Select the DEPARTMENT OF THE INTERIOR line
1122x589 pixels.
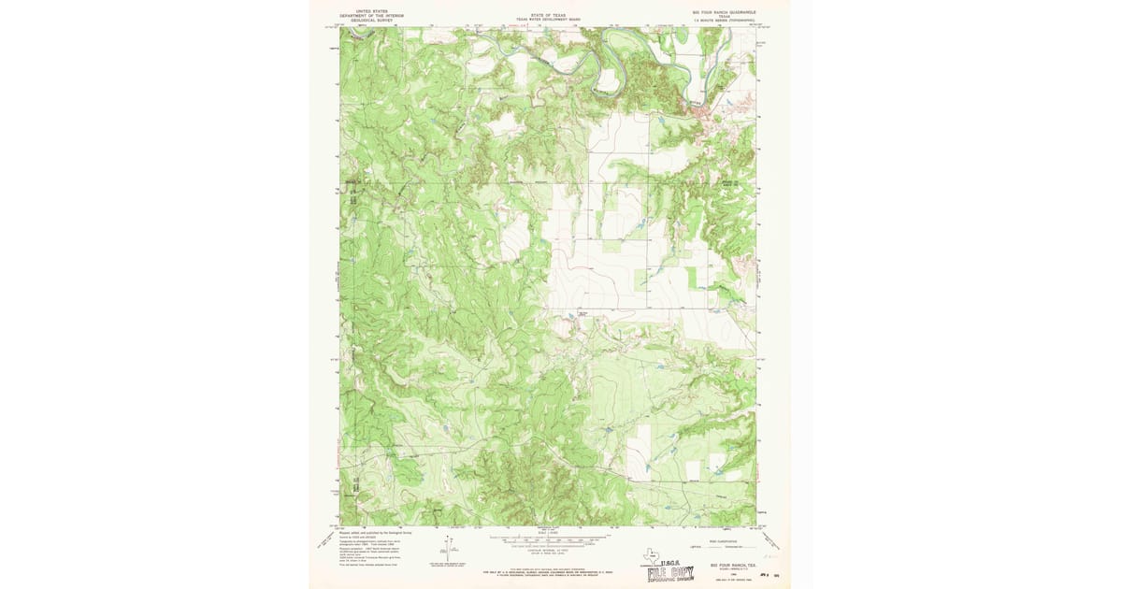tap(371, 16)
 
